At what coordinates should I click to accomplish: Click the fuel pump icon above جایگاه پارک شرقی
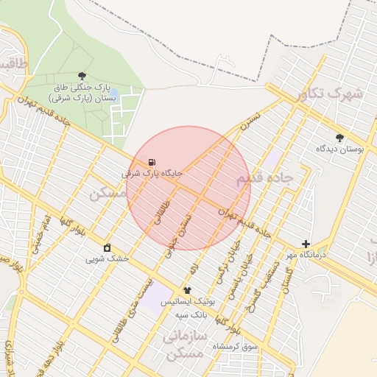click(x=151, y=162)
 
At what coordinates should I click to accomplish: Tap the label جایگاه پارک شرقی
click(x=152, y=174)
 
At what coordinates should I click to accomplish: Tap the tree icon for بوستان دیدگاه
click(x=339, y=138)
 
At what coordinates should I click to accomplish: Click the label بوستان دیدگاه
click(x=340, y=149)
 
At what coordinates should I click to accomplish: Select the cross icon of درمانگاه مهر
click(x=306, y=244)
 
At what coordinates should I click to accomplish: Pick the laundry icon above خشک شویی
click(x=108, y=247)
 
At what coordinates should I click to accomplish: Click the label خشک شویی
click(x=107, y=258)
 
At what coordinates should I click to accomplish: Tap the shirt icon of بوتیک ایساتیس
click(x=187, y=291)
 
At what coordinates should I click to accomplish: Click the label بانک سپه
click(x=191, y=314)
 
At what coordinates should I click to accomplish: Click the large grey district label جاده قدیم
click(x=264, y=178)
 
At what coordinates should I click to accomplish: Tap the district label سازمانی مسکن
click(x=183, y=344)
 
